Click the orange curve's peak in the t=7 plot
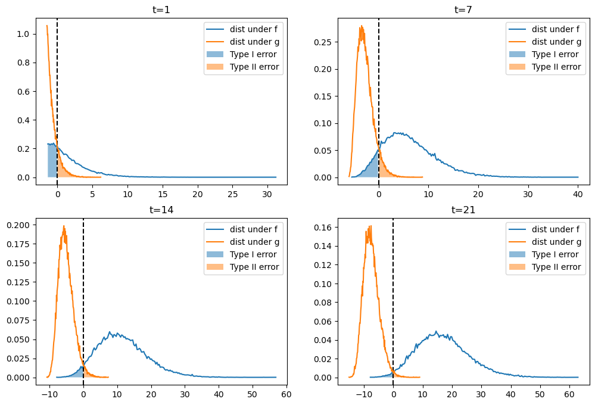point(361,26)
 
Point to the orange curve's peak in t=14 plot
point(64,226)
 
